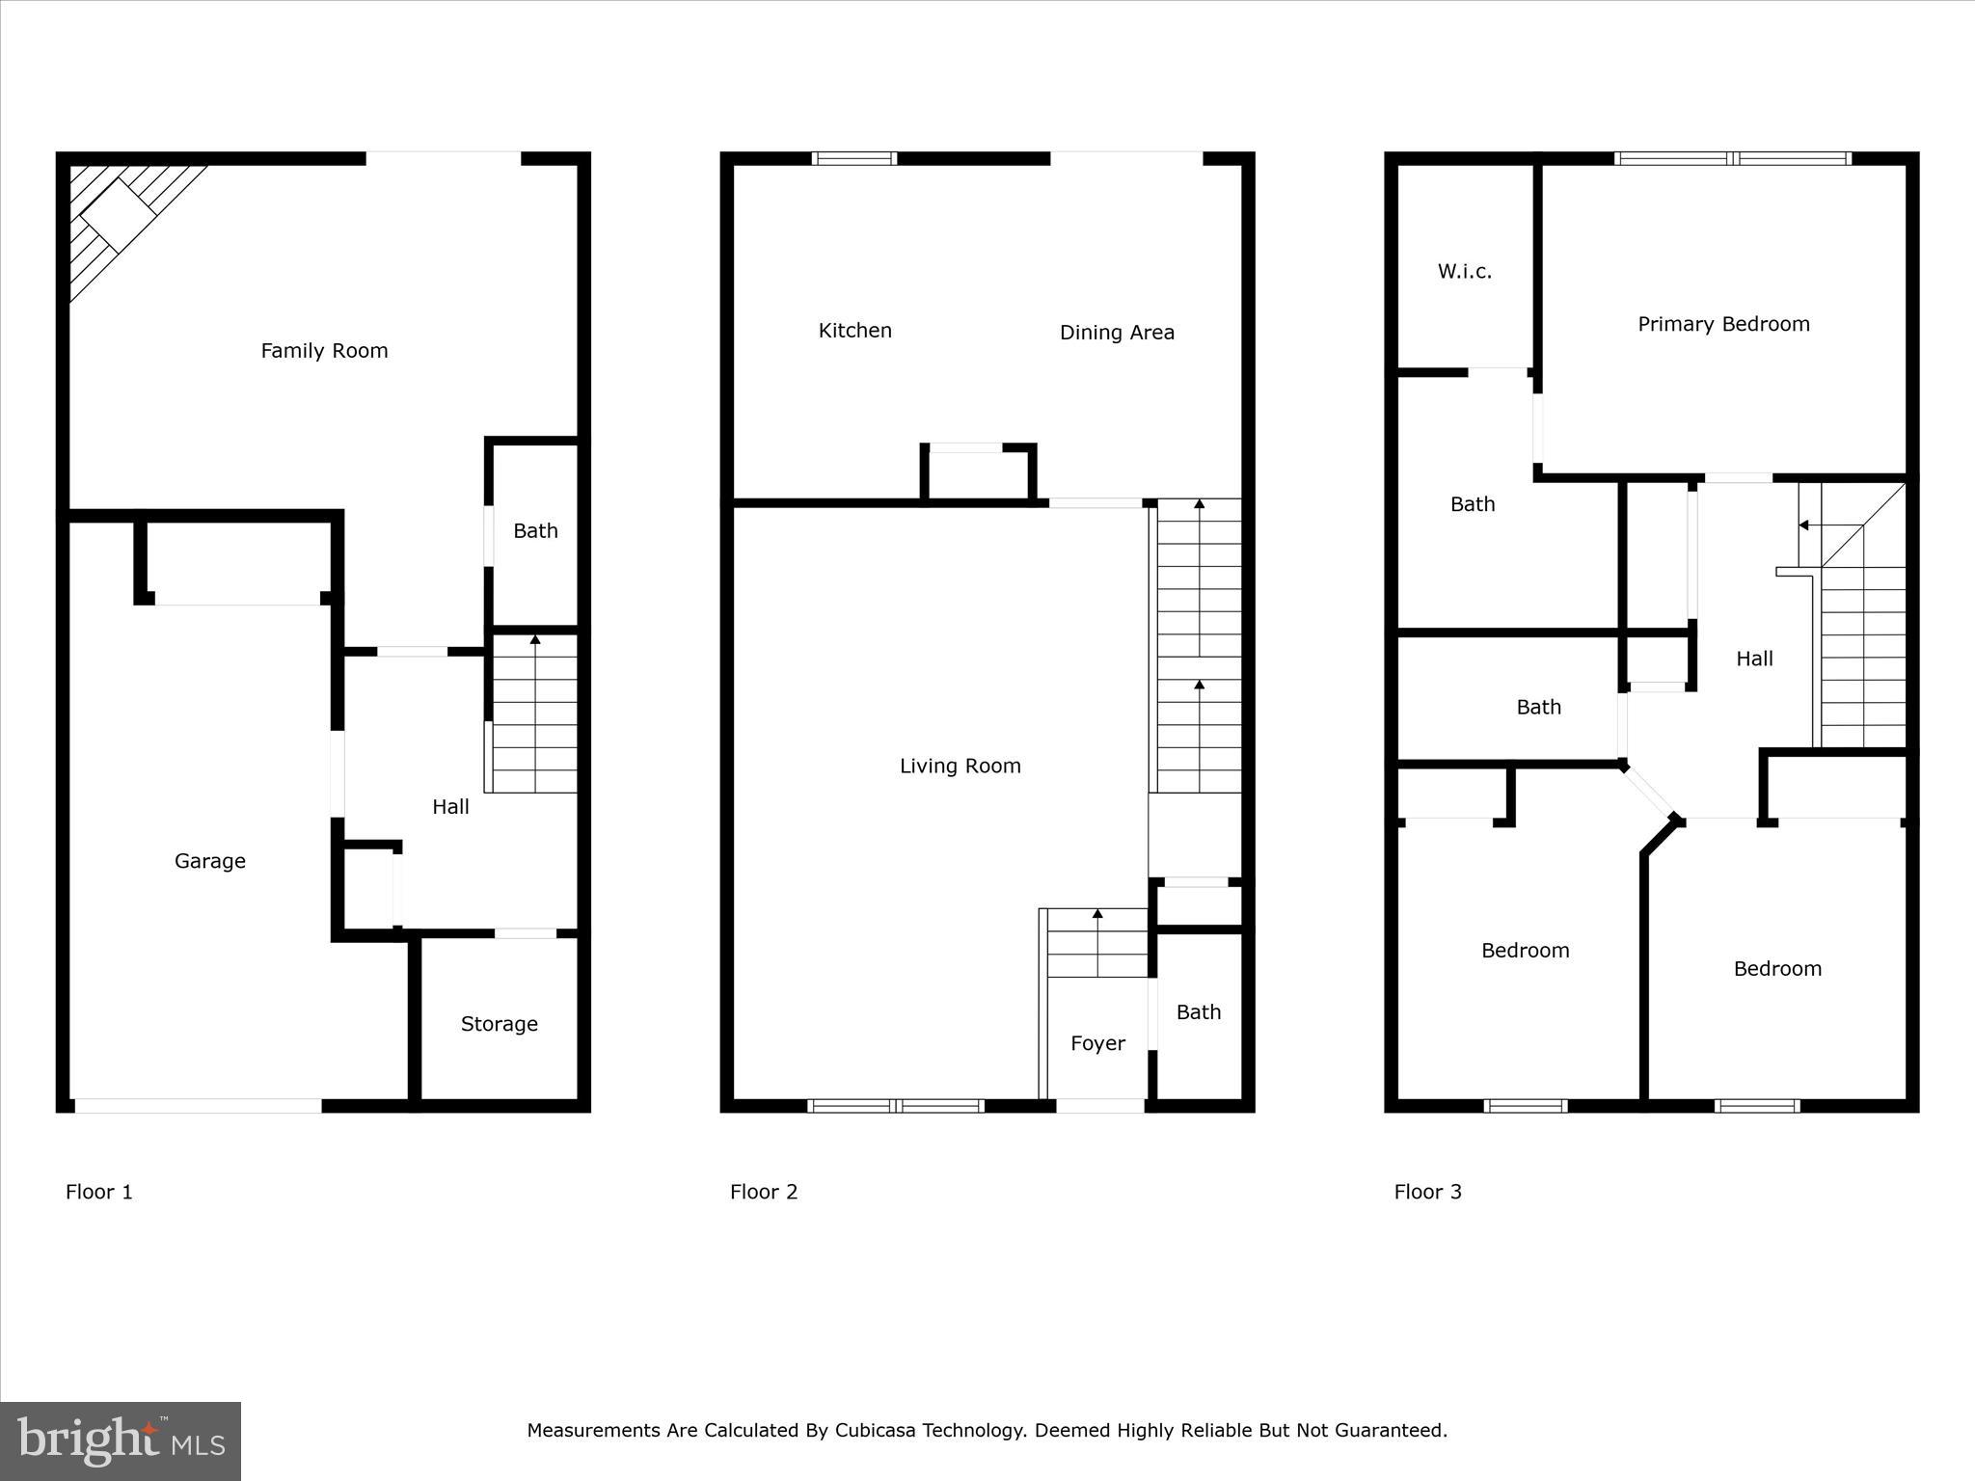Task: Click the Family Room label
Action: (324, 351)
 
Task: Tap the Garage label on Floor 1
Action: (209, 861)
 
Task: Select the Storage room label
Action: (499, 1024)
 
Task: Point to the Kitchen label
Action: (854, 331)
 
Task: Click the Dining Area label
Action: (1117, 333)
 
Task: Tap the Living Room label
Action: (960, 767)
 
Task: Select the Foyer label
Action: (1097, 1043)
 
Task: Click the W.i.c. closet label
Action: (1464, 272)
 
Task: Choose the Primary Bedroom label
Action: (1723, 324)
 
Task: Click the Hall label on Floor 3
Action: (1754, 659)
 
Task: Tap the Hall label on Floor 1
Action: (450, 807)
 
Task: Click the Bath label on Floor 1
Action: (535, 531)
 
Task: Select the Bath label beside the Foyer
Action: (1198, 1012)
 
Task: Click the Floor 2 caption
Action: (764, 1192)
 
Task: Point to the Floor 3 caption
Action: (1427, 1192)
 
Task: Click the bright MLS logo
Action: (121, 1441)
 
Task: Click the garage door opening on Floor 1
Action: (198, 1106)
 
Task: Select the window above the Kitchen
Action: (853, 159)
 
